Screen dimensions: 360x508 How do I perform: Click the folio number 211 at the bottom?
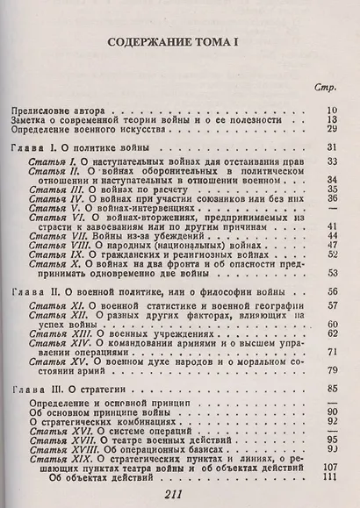(x=181, y=496)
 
